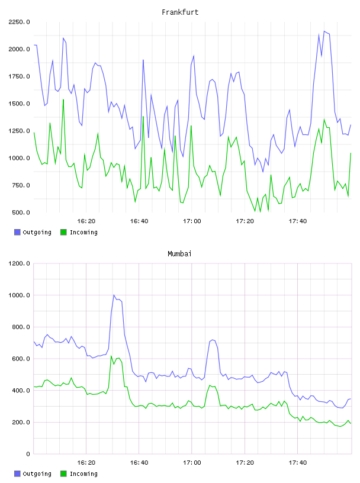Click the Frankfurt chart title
pos(180,12)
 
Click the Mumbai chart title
pos(179,254)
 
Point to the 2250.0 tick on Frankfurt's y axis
pos(20,22)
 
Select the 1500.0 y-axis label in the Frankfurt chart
pos(20,104)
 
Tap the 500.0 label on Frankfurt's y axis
pos(21,212)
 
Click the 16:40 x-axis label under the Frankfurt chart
pos(139,221)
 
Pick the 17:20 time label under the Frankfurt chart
pos(245,221)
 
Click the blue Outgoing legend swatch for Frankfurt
pos(17,232)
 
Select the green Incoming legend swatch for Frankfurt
pos(63,232)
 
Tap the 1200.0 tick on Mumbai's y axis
pos(20,263)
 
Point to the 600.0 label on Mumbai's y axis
pos(21,359)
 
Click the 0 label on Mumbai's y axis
pos(28,454)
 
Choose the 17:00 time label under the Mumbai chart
pos(192,463)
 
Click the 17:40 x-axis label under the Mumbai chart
pos(298,463)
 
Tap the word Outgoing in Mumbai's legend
pos(37,474)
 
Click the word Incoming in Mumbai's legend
pos(83,474)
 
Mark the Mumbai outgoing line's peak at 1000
pos(114,295)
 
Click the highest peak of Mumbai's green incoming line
pos(111,356)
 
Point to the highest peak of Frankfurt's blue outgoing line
pos(324,31)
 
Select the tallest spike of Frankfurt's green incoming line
pos(63,99)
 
